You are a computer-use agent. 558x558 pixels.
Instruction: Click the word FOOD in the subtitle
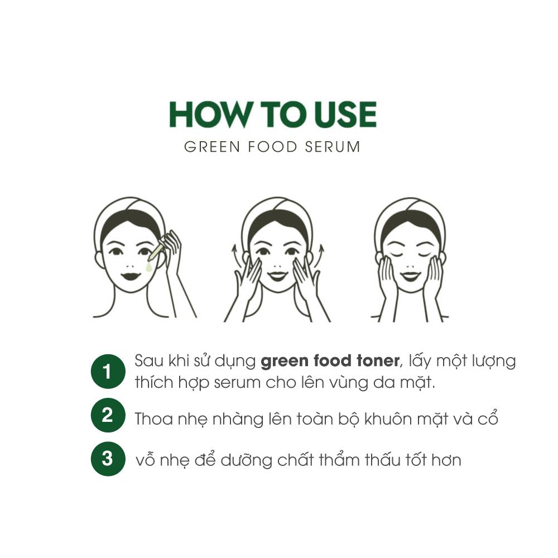tap(272, 147)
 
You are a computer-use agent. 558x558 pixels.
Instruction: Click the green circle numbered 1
tap(108, 372)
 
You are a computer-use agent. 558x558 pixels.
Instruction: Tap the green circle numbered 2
tap(108, 415)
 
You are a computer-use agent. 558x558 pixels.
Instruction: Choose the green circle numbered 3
tap(108, 459)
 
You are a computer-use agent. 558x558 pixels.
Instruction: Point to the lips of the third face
tap(410, 276)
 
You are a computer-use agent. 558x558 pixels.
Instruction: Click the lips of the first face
tap(131, 276)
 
